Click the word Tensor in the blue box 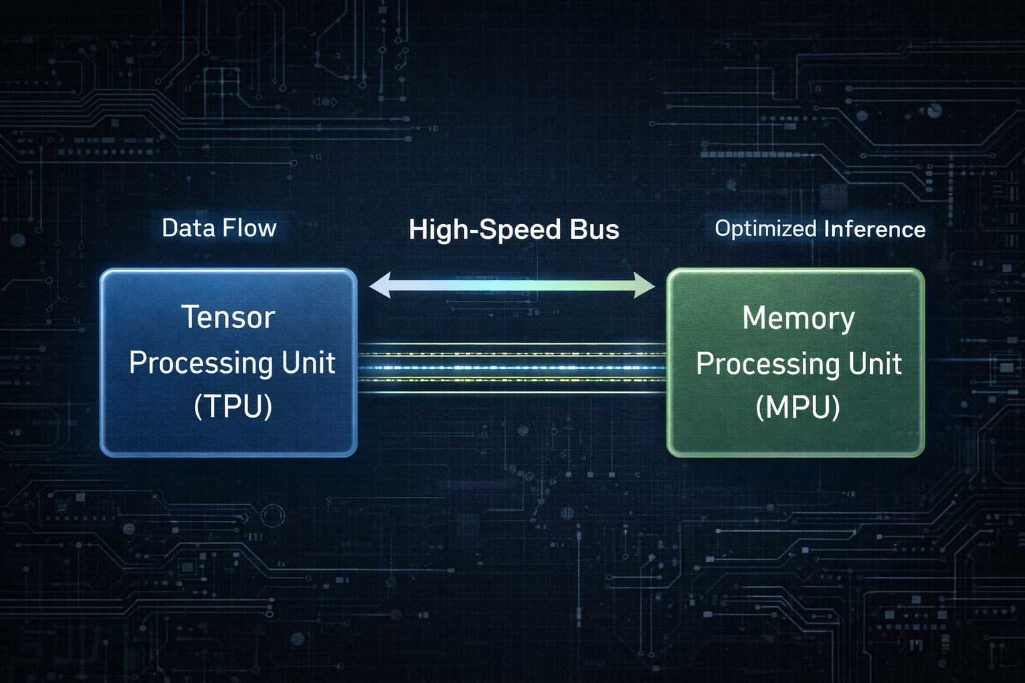(x=228, y=317)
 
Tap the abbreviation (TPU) (x=233, y=406)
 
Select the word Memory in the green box (x=798, y=319)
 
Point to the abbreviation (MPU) (x=797, y=408)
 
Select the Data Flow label (x=219, y=228)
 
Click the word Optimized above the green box (x=766, y=229)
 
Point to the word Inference (x=875, y=229)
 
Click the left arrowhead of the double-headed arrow (x=378, y=285)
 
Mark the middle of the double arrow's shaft (x=512, y=285)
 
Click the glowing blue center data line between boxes (x=512, y=368)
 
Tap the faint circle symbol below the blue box (x=272, y=516)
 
